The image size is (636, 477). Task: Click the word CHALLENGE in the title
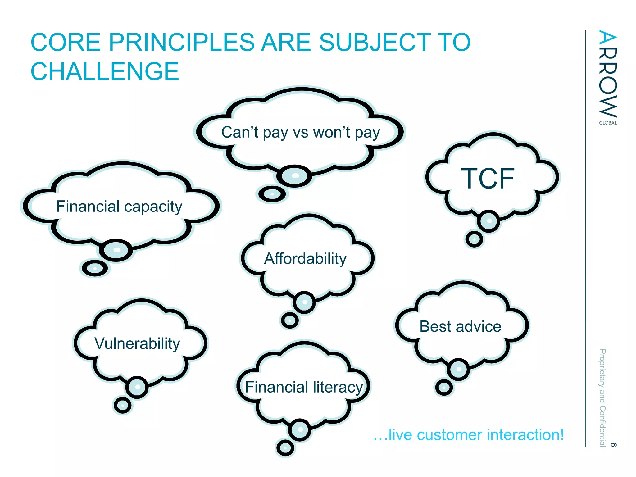click(x=105, y=71)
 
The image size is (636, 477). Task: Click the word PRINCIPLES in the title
click(x=181, y=43)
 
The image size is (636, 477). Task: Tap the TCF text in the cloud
click(x=488, y=179)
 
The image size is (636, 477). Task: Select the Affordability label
click(x=305, y=259)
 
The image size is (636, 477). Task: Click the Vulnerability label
click(x=137, y=343)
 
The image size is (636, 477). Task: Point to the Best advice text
click(x=460, y=327)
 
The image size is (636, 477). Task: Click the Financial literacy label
click(x=304, y=387)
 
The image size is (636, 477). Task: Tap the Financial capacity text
click(x=119, y=207)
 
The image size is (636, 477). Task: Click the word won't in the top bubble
click(x=331, y=133)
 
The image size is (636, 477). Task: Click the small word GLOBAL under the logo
click(x=608, y=123)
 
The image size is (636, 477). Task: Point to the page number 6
click(x=613, y=445)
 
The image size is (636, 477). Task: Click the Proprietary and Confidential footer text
click(x=602, y=397)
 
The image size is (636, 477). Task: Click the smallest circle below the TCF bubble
click(x=474, y=239)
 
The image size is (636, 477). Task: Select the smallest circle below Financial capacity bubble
click(x=95, y=268)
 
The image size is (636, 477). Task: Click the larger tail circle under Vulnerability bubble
click(x=137, y=387)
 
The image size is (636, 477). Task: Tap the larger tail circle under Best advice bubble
click(x=458, y=369)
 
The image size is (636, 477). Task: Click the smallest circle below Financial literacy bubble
click(x=285, y=448)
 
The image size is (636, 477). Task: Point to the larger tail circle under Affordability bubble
click(x=304, y=302)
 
